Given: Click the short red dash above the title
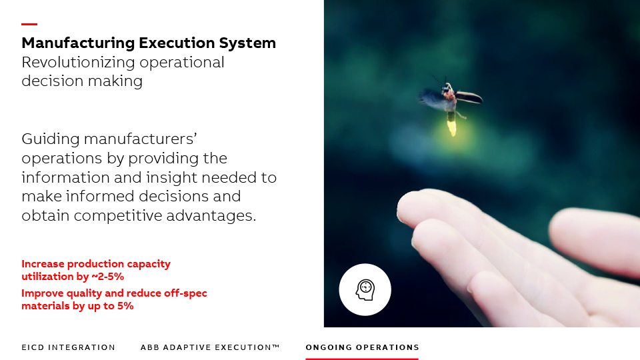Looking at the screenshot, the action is click(x=29, y=25).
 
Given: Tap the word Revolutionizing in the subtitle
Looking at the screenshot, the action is click(x=78, y=63).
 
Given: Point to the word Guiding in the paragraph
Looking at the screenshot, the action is click(x=51, y=139).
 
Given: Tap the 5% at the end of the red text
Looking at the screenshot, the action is click(x=125, y=306).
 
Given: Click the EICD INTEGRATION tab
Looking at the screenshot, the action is click(x=68, y=347).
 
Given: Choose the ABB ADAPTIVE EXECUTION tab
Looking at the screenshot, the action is click(x=210, y=347).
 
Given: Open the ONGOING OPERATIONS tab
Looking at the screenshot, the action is click(x=363, y=347).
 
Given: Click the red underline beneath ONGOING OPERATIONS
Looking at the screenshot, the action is click(x=362, y=359).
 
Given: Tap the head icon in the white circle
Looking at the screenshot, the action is click(x=365, y=290).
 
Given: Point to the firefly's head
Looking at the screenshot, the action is click(x=448, y=87).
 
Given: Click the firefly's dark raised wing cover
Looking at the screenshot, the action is click(x=469, y=97).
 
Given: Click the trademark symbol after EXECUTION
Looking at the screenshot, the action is click(x=276, y=346).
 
